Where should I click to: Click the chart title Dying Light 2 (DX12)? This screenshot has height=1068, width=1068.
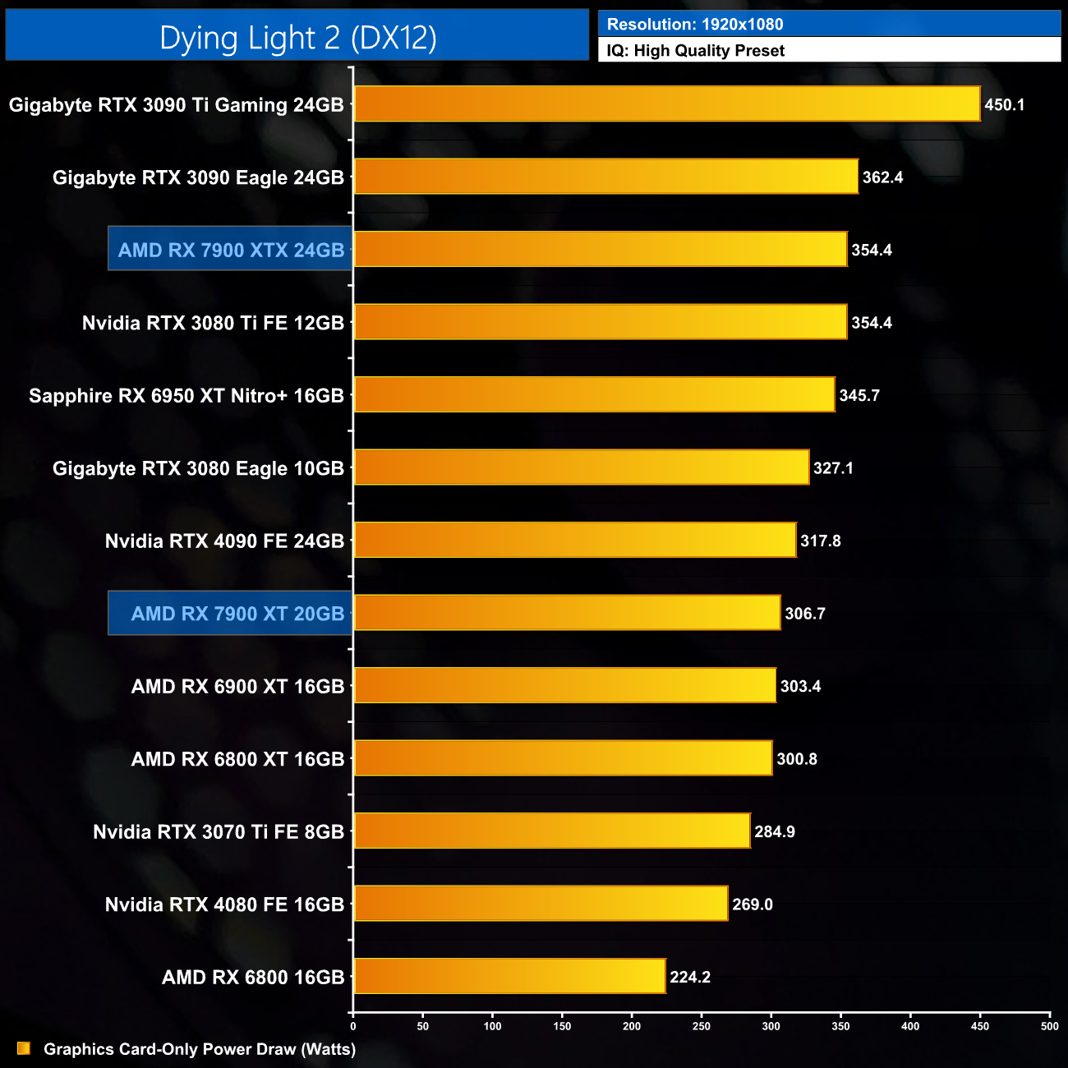297,38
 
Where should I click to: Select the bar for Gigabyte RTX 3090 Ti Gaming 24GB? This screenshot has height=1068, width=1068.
666,104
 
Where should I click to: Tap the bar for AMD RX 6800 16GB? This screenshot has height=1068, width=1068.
509,976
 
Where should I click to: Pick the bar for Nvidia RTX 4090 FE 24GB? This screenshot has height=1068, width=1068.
575,540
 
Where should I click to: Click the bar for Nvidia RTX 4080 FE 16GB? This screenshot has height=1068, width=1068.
541,904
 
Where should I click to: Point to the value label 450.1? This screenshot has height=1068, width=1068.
1004,105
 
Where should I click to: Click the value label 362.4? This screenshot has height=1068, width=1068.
882,177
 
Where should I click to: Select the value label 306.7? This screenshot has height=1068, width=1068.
804,614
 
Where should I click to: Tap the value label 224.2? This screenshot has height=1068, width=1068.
690,977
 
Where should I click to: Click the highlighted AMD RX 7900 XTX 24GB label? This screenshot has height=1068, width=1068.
231,250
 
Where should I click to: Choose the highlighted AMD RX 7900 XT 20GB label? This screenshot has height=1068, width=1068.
237,614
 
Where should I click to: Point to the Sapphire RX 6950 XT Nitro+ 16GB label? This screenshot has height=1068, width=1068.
186,396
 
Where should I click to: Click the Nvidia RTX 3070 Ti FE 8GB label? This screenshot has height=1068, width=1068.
219,832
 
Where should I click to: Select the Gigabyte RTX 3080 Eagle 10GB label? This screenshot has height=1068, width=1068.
198,468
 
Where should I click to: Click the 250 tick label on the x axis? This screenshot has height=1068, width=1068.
702,1026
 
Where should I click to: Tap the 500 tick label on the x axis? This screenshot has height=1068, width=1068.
1050,1026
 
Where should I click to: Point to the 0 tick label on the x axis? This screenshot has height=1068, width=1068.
353,1026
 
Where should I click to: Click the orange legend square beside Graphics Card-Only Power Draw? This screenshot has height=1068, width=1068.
24,1048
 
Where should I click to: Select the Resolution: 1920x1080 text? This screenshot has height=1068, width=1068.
695,25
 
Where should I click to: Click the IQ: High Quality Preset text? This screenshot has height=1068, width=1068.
696,51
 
